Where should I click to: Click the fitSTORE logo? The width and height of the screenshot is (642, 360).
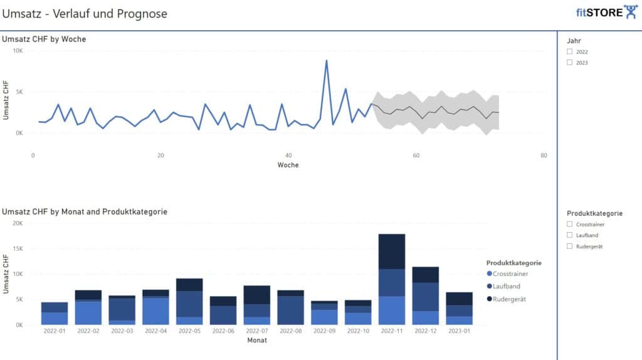(606, 13)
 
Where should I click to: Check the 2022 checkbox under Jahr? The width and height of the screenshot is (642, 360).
(569, 52)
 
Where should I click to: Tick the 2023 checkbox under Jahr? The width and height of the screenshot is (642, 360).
(569, 63)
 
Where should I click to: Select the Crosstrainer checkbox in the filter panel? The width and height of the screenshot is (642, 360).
(569, 224)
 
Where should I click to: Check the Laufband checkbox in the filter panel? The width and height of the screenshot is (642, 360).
(569, 235)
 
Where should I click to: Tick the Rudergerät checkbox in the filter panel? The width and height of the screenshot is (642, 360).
(569, 246)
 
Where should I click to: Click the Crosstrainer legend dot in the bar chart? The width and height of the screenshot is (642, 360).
(489, 273)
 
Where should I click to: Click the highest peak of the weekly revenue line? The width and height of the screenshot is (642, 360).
(326, 61)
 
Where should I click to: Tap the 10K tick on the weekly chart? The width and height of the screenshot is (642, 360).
(18, 50)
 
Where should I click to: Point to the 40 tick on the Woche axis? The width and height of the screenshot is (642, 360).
(288, 156)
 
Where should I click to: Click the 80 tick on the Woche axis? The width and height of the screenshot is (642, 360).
(544, 156)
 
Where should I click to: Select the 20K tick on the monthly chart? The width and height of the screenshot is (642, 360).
(18, 223)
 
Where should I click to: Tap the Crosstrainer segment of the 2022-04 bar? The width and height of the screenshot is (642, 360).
(155, 311)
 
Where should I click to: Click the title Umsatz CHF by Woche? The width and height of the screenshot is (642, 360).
(44, 39)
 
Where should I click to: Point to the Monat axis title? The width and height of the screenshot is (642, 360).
(256, 341)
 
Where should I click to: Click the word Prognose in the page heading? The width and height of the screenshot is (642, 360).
(142, 13)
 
